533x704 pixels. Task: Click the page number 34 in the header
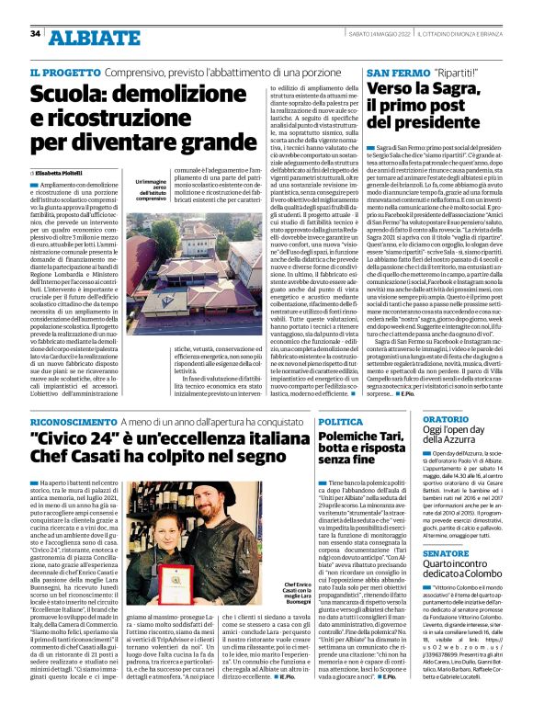point(36,34)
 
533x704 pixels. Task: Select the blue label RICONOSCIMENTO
point(79,447)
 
